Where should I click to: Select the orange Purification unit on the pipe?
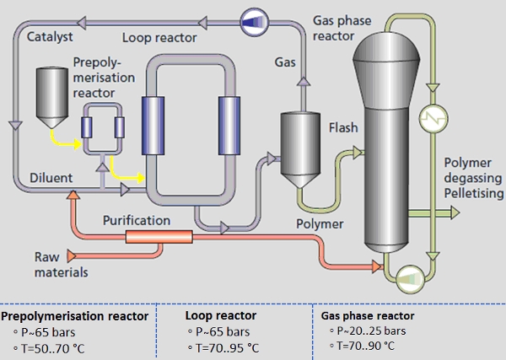160,236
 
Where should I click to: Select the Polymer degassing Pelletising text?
473,178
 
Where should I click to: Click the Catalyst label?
50,38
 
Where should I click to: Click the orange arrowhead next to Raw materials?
71,254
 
